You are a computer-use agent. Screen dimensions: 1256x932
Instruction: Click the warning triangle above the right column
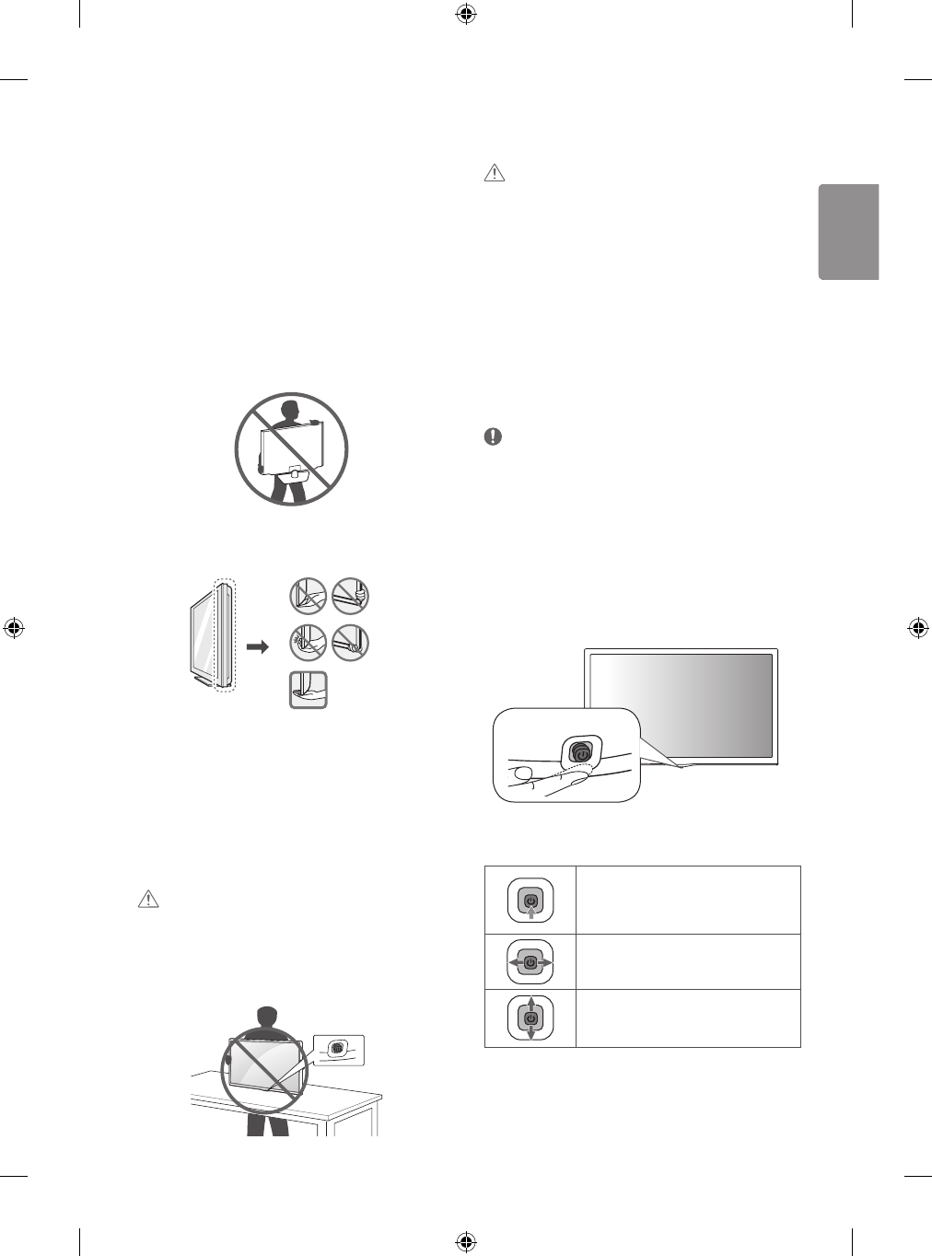pos(495,173)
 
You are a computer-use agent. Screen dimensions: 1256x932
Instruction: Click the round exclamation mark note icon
pos(494,438)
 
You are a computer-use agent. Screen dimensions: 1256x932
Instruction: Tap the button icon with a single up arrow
pos(530,901)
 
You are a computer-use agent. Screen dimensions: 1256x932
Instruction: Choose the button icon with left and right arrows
pos(530,961)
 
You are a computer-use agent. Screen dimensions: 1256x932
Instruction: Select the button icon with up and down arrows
pos(530,1018)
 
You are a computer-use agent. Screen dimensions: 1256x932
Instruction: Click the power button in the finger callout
pos(580,753)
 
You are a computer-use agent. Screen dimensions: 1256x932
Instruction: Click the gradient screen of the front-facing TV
pos(681,705)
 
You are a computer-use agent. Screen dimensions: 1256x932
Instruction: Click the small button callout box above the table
pos(339,1049)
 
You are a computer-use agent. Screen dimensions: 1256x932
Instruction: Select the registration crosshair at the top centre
pos(466,13)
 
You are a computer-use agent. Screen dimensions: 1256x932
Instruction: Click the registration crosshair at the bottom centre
pos(466,1242)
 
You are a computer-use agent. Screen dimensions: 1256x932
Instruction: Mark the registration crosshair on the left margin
pos(14,628)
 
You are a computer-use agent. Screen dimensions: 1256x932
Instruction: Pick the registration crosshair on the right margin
pos(917,628)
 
